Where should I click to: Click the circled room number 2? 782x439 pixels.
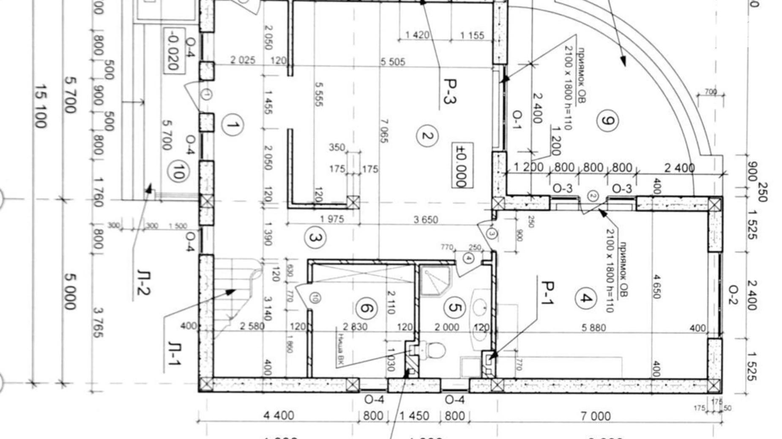click(x=427, y=136)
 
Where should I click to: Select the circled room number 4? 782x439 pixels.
click(x=585, y=298)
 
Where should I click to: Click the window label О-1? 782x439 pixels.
click(x=517, y=121)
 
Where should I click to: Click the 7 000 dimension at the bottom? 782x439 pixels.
click(x=595, y=417)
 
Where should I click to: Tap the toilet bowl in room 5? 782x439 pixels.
click(x=434, y=350)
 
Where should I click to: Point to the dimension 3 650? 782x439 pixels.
click(x=425, y=219)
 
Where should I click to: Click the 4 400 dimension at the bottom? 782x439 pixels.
click(x=279, y=416)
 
